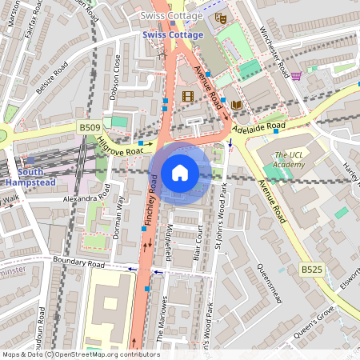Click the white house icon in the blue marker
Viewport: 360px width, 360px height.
[180, 173]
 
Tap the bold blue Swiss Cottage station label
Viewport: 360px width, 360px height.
[173, 35]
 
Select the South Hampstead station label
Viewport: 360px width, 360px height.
[30, 177]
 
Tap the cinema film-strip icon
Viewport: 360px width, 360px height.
[188, 97]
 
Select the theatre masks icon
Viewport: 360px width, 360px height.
[221, 18]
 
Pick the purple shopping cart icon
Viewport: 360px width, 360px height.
[296, 76]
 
